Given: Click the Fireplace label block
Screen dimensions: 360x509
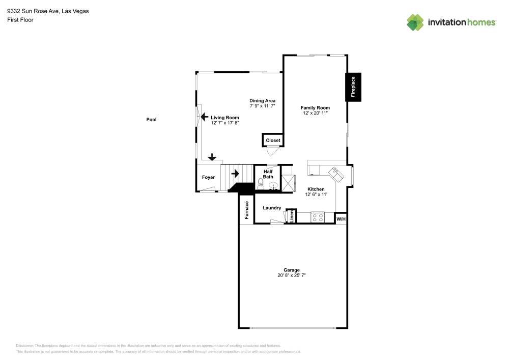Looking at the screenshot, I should click(354, 87).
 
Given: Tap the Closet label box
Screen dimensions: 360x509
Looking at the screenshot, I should click(273, 140).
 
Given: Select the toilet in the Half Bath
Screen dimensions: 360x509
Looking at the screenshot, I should click(261, 184).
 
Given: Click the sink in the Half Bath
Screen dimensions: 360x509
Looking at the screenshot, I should click(273, 186).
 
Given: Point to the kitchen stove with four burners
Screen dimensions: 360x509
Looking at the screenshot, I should click(318, 217).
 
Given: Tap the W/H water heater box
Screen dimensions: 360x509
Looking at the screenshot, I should click(341, 219).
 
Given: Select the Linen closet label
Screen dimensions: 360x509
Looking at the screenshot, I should click(292, 216).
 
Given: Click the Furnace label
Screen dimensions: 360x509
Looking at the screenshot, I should click(246, 210).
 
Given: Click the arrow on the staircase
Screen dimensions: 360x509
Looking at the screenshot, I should click(235, 174).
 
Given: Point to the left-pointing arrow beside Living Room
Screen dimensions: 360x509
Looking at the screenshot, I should click(204, 117).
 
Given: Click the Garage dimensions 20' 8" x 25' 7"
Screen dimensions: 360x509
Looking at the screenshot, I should click(292, 275).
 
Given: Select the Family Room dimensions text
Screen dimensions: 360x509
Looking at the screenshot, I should click(315, 113).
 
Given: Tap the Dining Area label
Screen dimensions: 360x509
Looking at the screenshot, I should click(262, 101).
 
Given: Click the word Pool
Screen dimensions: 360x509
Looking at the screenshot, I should click(151, 120).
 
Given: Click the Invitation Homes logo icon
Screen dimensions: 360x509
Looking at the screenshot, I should click(415, 22).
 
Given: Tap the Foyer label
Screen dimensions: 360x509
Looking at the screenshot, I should click(208, 177).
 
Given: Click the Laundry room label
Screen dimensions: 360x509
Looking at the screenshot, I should click(272, 208).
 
